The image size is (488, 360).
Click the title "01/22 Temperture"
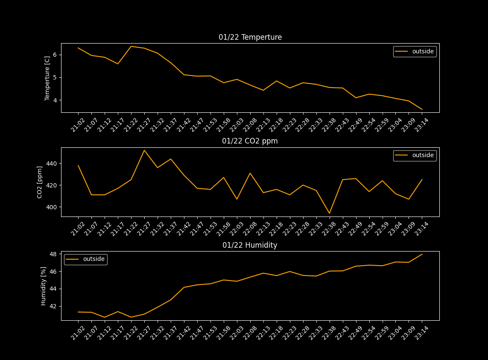tap(250, 37)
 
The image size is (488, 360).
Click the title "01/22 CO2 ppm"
tap(250, 141)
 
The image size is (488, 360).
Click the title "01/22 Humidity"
tap(250, 245)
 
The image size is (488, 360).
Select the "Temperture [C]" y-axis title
tap(47, 78)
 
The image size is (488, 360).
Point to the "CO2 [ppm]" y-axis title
tap(40, 182)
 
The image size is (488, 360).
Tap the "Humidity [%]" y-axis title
tap(43, 286)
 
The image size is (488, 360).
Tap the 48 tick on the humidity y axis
tap(54, 254)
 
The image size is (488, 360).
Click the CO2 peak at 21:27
tap(144, 150)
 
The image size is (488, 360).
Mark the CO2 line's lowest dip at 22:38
tap(329, 213)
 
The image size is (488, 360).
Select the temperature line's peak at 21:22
tap(131, 47)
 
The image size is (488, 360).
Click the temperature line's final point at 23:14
tap(422, 109)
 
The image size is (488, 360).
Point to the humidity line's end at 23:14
tap(422, 254)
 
